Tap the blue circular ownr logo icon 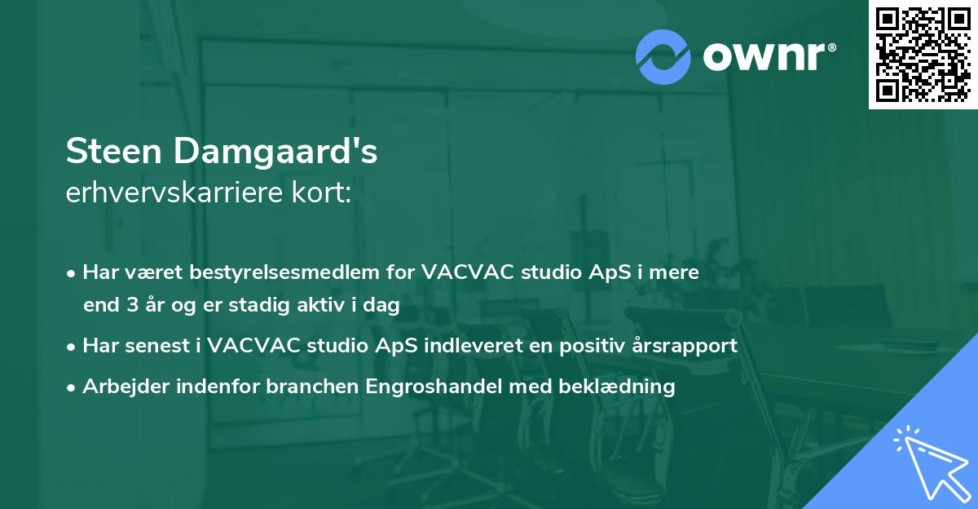point(663,55)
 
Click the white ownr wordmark point(769,55)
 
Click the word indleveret point(468,345)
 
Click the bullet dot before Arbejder point(73,387)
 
